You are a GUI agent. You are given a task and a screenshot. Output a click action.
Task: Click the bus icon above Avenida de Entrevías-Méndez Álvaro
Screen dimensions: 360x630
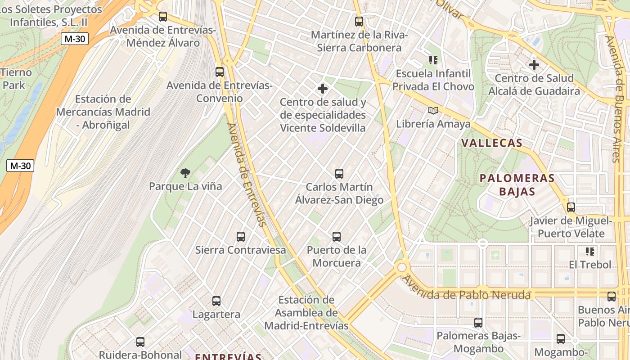pos(163,17)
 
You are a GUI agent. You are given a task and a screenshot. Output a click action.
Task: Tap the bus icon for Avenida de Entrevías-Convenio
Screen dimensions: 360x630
pos(220,72)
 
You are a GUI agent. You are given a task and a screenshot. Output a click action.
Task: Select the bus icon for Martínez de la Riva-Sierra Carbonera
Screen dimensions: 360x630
pos(359,21)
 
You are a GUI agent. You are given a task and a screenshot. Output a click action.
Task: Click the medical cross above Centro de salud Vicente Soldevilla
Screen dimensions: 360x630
pos(323,88)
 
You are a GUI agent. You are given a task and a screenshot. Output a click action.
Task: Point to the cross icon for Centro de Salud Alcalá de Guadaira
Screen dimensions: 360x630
pos(534,65)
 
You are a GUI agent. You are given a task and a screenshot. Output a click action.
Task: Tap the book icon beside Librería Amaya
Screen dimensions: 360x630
pos(433,110)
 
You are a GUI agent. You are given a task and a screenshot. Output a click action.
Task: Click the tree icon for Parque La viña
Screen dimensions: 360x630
pos(185,173)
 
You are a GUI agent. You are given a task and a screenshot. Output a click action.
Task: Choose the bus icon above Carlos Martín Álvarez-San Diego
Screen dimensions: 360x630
pos(339,173)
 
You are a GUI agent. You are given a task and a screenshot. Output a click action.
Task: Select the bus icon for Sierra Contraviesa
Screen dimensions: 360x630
pos(241,236)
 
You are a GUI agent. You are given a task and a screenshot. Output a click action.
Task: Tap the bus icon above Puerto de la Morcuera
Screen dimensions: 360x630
pos(336,236)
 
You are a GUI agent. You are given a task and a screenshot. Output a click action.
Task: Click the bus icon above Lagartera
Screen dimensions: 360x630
pos(216,301)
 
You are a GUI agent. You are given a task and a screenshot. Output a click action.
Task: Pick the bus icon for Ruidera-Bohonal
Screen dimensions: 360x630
pos(140,342)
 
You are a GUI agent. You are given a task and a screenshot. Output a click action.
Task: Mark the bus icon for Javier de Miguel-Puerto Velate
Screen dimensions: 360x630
pos(571,207)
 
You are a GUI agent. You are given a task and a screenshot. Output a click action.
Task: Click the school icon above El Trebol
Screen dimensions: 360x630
pos(590,251)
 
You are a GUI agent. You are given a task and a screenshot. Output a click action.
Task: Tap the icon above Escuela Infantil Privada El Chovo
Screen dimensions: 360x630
pos(433,60)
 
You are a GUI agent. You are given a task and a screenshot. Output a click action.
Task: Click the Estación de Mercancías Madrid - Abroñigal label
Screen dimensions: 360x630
pos(103,112)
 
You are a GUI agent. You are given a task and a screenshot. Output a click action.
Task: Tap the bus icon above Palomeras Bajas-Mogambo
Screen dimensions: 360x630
pos(478,322)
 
